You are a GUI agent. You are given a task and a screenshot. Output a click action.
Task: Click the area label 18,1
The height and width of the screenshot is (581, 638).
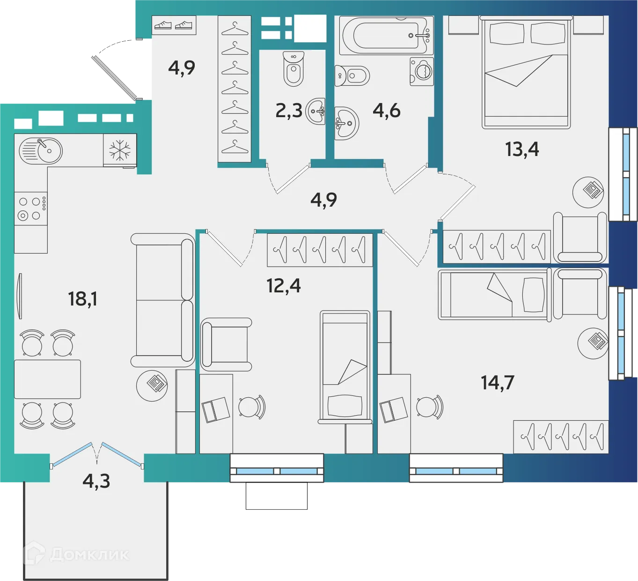(82, 298)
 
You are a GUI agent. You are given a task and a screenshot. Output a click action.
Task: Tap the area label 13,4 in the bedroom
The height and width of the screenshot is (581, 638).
(521, 149)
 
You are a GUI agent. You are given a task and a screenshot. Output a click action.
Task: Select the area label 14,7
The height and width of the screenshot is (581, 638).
(497, 383)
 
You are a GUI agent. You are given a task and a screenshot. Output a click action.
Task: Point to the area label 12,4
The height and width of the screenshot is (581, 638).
(283, 285)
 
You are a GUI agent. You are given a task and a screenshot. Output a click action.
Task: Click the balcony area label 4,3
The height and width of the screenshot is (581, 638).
(96, 481)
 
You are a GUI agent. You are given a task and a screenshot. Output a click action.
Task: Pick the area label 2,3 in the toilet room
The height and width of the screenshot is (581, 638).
(288, 111)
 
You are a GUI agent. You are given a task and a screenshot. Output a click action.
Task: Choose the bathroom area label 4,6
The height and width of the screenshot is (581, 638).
(386, 111)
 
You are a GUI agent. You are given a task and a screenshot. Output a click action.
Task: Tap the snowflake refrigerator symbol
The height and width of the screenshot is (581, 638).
(120, 150)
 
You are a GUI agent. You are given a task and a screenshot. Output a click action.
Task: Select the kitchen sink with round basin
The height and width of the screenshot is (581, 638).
(41, 150)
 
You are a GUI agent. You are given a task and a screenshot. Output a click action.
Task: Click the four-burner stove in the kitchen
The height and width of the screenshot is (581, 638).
(31, 209)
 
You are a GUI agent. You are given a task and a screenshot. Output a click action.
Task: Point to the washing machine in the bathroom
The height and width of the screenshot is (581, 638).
(422, 71)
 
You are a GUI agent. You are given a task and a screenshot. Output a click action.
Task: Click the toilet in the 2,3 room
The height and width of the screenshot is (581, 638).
(293, 69)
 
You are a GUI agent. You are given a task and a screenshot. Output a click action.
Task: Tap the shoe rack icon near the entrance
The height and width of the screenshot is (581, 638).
(174, 25)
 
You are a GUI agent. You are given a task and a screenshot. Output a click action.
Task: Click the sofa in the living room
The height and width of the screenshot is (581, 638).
(162, 300)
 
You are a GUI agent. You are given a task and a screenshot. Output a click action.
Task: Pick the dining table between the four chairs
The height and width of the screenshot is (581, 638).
(47, 379)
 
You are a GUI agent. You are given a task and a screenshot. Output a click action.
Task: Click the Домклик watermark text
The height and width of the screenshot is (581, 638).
(89, 555)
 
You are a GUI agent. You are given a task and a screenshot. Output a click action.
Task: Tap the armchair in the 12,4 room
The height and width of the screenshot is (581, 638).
(227, 344)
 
